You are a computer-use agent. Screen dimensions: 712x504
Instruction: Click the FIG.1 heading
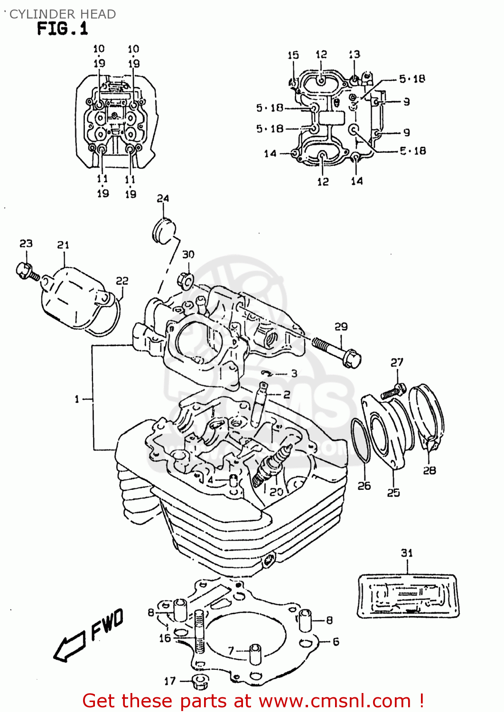tap(62, 29)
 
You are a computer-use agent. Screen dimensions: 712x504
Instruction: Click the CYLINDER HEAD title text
tap(62, 14)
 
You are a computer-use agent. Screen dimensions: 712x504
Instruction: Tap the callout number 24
tap(163, 198)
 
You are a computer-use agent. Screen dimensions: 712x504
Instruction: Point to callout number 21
tap(63, 245)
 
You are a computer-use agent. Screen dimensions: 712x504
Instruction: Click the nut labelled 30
tap(186, 281)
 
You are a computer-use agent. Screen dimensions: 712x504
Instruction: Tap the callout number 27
tap(397, 363)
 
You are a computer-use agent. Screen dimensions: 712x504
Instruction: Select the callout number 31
tap(407, 553)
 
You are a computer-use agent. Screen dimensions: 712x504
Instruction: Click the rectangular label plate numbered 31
tap(408, 596)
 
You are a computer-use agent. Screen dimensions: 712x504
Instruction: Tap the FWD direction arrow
tap(88, 636)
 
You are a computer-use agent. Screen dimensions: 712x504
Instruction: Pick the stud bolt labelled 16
tap(199, 631)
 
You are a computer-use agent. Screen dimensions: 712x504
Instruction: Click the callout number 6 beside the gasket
tap(336, 642)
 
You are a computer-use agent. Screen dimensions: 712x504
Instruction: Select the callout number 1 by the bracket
tap(77, 399)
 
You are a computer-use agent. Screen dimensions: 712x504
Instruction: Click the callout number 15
tap(293, 56)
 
